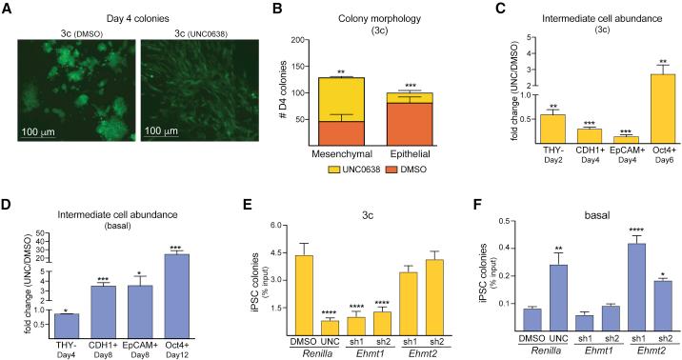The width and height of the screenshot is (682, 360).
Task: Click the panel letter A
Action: tap(8, 9)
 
